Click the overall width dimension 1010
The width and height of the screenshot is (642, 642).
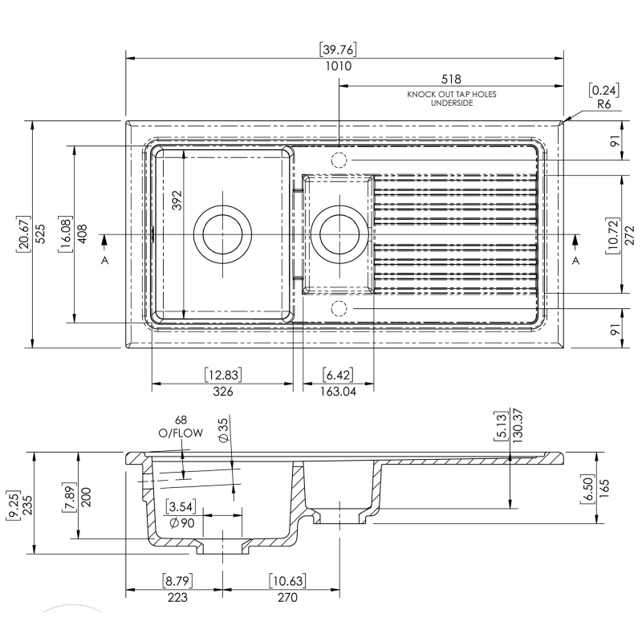(x=339, y=67)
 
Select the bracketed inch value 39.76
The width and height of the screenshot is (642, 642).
(x=339, y=50)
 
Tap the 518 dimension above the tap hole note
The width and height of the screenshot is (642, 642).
(x=451, y=79)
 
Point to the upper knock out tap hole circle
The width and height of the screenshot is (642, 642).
(x=339, y=160)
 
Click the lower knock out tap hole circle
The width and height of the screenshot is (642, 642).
(x=339, y=307)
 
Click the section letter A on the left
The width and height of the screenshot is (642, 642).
(x=104, y=262)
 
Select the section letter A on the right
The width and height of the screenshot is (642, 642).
(x=575, y=262)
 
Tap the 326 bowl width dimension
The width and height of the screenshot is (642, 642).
(x=222, y=392)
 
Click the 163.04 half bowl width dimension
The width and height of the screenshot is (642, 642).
(x=337, y=392)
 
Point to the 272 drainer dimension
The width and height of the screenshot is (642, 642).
(x=629, y=234)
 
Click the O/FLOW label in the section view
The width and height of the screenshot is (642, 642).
(x=180, y=433)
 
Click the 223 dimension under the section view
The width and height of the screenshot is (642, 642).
(x=177, y=597)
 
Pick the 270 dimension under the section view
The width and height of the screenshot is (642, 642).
(x=286, y=597)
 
